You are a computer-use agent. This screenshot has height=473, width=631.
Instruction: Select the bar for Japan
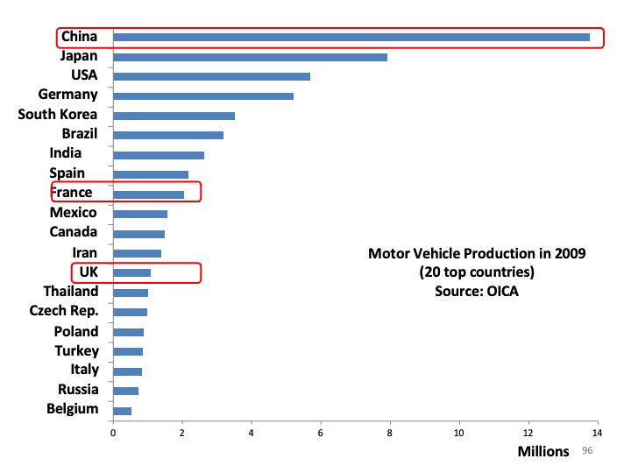click(250, 57)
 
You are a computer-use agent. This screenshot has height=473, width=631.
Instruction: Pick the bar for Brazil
click(168, 135)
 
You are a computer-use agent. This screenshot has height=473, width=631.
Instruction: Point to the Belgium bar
click(122, 410)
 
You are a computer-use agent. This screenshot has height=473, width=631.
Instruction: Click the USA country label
click(84, 75)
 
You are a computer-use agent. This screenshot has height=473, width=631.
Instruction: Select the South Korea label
click(58, 114)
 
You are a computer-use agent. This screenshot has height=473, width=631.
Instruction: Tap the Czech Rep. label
click(64, 311)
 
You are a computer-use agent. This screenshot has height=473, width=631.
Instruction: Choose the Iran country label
click(85, 252)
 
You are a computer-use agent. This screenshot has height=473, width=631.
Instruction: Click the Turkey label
click(77, 350)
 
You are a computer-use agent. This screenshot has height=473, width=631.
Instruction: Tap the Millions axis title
click(542, 451)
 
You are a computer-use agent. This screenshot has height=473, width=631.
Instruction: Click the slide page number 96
click(587, 450)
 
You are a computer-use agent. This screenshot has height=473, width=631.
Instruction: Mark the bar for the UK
click(132, 272)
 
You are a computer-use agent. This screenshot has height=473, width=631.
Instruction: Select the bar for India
click(159, 155)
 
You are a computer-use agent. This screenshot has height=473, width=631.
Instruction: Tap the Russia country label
click(78, 389)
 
